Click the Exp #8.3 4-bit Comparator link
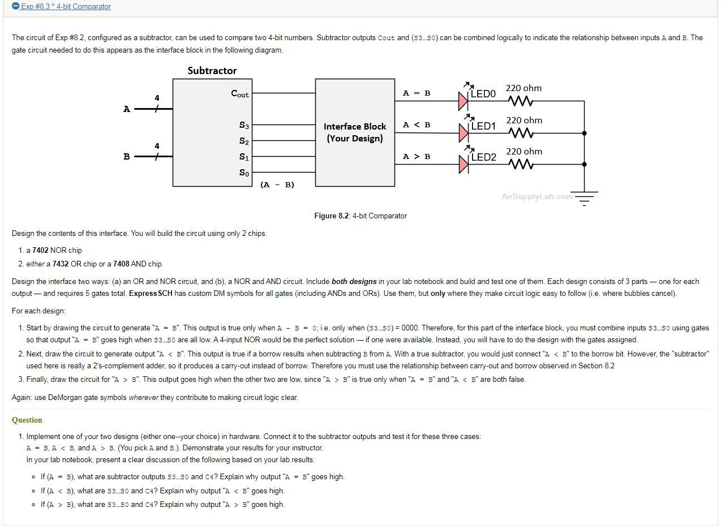66,7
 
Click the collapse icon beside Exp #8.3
16,7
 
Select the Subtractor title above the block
212,71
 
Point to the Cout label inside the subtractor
240,94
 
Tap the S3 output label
244,125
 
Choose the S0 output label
244,173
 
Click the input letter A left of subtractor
127,109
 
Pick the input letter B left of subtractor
127,157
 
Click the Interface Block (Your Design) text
355,132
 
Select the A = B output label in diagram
417,93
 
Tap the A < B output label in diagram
417,124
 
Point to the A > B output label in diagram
417,156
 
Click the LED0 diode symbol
464,101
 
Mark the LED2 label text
483,157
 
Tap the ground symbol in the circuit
585,199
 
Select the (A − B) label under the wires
277,184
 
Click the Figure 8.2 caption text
361,216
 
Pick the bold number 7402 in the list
41,250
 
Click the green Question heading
27,420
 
